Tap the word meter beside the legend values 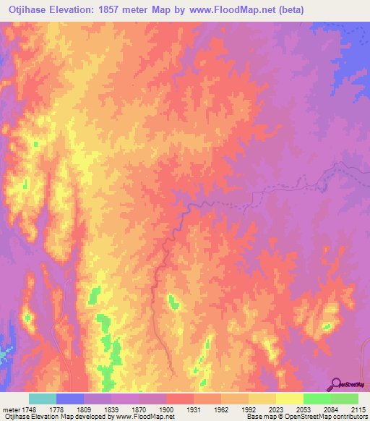pyautogui.click(x=12, y=409)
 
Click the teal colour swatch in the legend pyautogui.click(x=43, y=399)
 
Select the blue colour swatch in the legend pyautogui.click(x=70, y=399)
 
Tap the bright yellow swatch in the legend pyautogui.click(x=290, y=399)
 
